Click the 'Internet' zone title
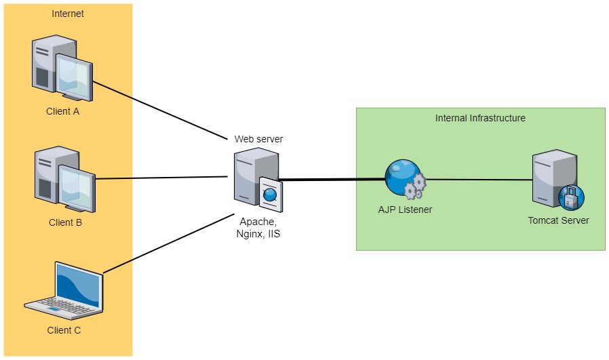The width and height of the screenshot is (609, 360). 68,14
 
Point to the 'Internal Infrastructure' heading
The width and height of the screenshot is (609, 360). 480,118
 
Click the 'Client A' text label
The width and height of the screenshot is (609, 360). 63,111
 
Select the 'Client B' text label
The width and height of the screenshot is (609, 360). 65,222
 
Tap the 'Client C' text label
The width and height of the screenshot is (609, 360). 64,330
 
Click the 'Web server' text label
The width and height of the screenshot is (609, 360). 258,139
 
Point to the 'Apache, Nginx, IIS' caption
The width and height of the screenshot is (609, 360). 258,227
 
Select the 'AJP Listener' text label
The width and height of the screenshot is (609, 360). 405,209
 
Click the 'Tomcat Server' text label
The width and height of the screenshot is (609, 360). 558,220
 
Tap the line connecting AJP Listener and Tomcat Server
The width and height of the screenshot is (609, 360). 478,180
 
